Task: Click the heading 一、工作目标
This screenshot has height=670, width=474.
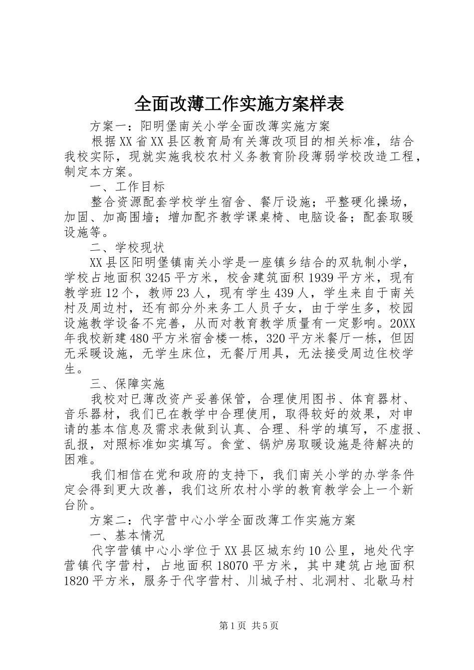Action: click(x=127, y=187)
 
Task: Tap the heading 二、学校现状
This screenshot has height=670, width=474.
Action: click(x=127, y=247)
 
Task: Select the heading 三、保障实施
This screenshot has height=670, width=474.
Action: click(x=127, y=384)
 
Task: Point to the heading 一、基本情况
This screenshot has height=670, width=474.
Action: click(x=127, y=535)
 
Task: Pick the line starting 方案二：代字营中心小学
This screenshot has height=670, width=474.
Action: click(x=222, y=520)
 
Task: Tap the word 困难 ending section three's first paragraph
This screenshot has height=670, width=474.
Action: click(x=76, y=459)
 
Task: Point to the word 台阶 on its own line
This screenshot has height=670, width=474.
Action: click(x=76, y=504)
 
